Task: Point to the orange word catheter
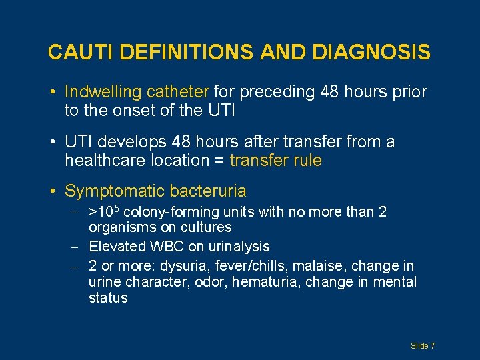179,92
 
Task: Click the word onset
132,111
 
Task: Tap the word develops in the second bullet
133,142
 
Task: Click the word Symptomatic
114,192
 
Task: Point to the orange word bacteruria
208,192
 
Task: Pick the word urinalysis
237,247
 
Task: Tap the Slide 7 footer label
423,346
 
